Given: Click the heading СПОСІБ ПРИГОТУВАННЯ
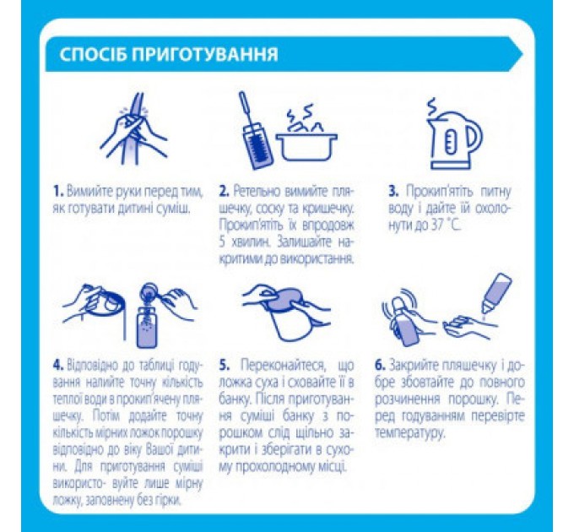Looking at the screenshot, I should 169,56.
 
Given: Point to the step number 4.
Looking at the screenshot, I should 57,366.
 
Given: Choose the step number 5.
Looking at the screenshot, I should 224,366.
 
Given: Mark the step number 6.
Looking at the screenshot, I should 382,366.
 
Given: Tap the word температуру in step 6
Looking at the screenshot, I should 411,433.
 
